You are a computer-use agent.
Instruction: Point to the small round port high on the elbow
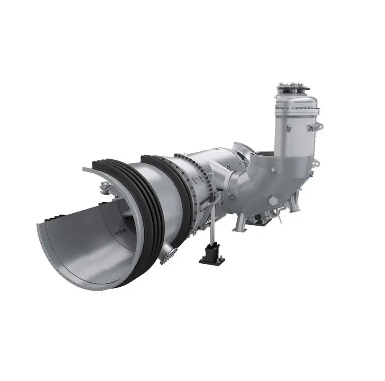coord(273,169)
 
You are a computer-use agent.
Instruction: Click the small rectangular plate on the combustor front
coord(288,129)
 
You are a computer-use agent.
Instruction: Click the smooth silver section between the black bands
coord(155,195)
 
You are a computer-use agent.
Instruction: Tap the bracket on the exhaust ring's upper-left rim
coord(103,188)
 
